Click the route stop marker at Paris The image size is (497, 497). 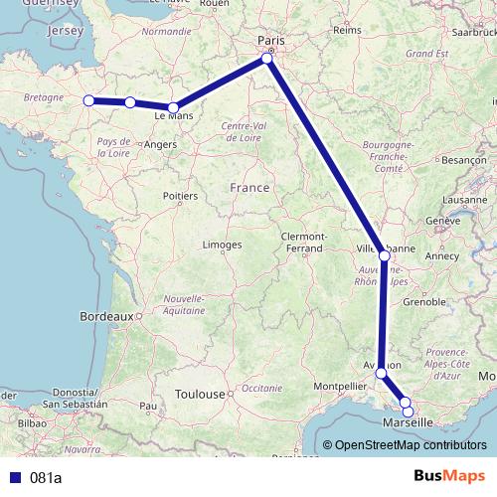coord(267,60)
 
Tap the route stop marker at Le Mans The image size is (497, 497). coord(173,107)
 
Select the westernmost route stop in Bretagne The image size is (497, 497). coord(88,100)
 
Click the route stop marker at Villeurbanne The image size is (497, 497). coord(385,255)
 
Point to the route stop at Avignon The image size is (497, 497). coord(381,373)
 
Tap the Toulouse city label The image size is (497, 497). coord(199,394)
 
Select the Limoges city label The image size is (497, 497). coord(222,245)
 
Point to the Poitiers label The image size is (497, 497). coord(179,197)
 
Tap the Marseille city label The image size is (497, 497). coord(408,422)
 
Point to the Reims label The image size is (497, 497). coord(347,31)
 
